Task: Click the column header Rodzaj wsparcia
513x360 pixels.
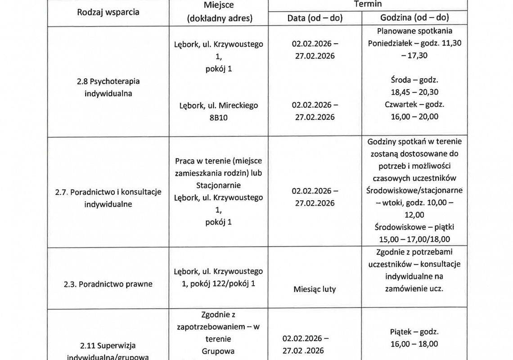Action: coord(108,12)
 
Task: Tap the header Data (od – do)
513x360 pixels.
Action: coord(315,18)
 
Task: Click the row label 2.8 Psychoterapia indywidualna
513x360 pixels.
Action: coord(108,87)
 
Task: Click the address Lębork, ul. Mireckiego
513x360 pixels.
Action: coord(219,105)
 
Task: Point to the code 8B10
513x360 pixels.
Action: coord(219,117)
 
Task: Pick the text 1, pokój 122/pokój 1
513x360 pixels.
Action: coord(219,283)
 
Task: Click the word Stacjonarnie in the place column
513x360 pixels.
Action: coord(219,185)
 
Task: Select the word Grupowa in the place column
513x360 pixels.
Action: coord(219,351)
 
